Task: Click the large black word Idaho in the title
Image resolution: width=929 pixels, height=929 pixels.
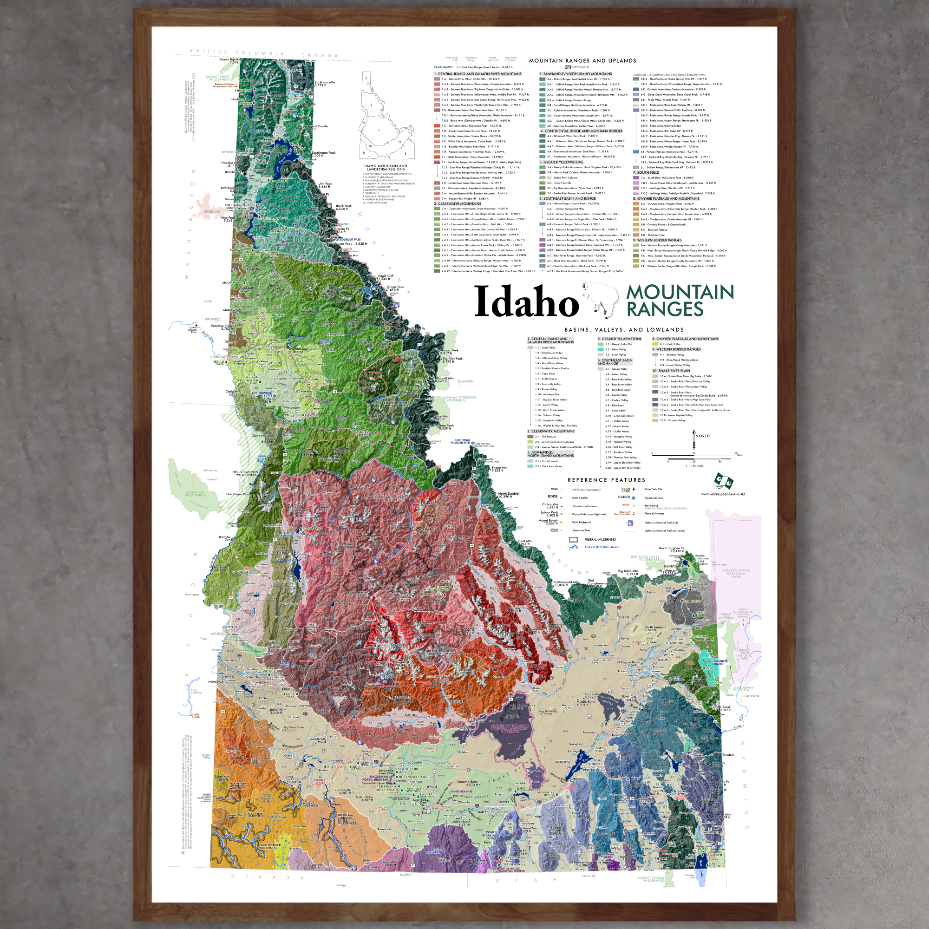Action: (526, 302)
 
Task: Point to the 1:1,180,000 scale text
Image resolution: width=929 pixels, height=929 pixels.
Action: (694, 466)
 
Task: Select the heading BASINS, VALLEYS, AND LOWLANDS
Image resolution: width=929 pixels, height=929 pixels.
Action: (624, 330)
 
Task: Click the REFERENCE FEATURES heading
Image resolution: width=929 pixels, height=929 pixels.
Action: (606, 480)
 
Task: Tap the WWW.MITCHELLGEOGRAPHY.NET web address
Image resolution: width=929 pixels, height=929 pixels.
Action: (722, 494)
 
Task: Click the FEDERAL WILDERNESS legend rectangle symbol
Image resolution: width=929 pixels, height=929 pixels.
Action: (573, 539)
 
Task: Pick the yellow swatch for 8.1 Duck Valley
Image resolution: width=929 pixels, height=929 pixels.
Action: (654, 344)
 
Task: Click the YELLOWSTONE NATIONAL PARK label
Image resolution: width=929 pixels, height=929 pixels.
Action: (736, 573)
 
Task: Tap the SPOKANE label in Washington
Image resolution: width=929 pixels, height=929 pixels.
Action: (212, 211)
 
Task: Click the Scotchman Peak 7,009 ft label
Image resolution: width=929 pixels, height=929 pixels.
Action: (323, 154)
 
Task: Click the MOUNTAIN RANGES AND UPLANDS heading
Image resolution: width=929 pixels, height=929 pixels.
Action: (582, 60)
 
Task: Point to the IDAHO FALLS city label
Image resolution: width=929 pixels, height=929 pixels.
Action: (628, 698)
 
